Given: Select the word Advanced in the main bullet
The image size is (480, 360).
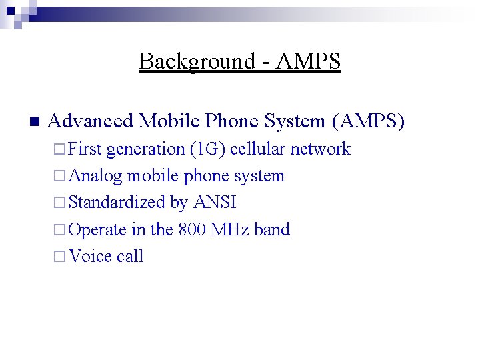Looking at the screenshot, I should (x=90, y=121).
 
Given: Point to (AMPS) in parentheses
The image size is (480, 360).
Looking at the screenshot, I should (x=367, y=121).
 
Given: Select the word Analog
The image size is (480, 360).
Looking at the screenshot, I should (x=95, y=176).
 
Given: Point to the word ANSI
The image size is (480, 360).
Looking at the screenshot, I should (x=214, y=202).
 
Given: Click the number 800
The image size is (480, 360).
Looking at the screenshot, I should (x=192, y=229).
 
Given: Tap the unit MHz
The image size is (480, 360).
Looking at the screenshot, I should (x=230, y=229).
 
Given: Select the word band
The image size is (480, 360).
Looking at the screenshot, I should (x=272, y=229).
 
